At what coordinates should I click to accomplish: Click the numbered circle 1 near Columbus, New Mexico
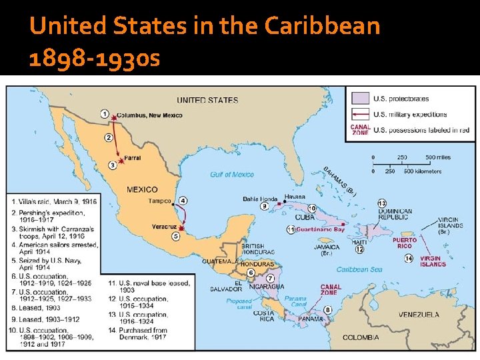[105, 114]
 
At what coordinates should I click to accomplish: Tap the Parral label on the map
[132, 159]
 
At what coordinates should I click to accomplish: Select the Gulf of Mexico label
[231, 175]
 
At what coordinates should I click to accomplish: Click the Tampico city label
[160, 201]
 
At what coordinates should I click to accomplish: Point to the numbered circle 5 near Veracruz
[176, 235]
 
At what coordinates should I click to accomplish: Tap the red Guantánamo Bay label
[320, 229]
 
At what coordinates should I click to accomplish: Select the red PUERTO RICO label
[404, 243]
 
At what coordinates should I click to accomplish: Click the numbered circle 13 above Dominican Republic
[381, 203]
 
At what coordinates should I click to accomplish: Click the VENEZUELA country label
[419, 314]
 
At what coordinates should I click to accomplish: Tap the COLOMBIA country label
[361, 337]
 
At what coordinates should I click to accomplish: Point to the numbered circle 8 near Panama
[327, 309]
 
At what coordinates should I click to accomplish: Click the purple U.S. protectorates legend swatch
[361, 99]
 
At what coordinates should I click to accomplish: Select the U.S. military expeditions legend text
[410, 114]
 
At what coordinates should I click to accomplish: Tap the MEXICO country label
[142, 189]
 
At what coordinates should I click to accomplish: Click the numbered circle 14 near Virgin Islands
[408, 258]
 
